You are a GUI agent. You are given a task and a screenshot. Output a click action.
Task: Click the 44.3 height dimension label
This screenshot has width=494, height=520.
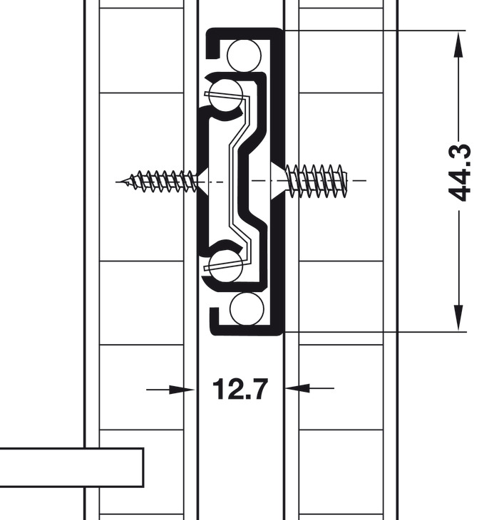point(459,173)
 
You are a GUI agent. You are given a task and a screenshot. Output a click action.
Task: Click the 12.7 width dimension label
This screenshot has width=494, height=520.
point(240,388)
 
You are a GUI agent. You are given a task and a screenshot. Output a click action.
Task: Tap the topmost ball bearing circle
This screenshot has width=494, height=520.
point(245,56)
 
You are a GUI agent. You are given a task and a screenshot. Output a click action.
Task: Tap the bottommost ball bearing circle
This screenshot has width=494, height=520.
point(247,308)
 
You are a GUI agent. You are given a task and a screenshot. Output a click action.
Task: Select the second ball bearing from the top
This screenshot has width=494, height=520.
point(226,95)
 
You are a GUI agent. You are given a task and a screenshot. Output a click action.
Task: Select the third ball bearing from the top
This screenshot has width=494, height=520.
point(226,266)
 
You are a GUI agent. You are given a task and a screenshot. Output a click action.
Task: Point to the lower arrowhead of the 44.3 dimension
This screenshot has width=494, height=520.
point(458,318)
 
